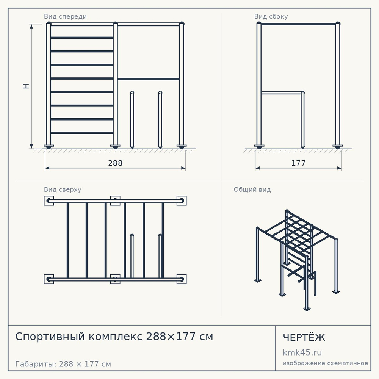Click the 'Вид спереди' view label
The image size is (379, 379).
coord(65,16)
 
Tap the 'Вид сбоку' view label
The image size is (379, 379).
coord(271,16)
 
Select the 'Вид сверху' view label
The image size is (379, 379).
coord(63,189)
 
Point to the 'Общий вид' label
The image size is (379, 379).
coord(252,189)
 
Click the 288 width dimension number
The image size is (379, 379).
coord(115,163)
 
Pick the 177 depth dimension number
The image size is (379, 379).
coord(299,163)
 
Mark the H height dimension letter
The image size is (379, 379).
coord(26,86)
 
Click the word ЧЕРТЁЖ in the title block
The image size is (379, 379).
coord(304,337)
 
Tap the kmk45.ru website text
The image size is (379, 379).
coord(302,352)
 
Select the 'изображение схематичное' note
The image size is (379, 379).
coord(325,363)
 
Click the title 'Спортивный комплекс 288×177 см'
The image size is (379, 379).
coord(114,336)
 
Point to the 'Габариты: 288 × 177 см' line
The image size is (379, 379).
coord(63,364)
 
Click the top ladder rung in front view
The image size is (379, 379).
coord(82,38)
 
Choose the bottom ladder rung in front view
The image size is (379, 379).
coord(82,133)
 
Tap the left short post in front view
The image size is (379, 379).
coord(132,119)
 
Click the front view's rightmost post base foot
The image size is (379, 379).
coord(182,146)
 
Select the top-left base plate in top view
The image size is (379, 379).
coord(49,200)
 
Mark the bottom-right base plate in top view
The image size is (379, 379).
coord(182,279)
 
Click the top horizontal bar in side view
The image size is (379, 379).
coord(298,24)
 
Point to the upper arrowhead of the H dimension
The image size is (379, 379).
coord(31,26)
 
